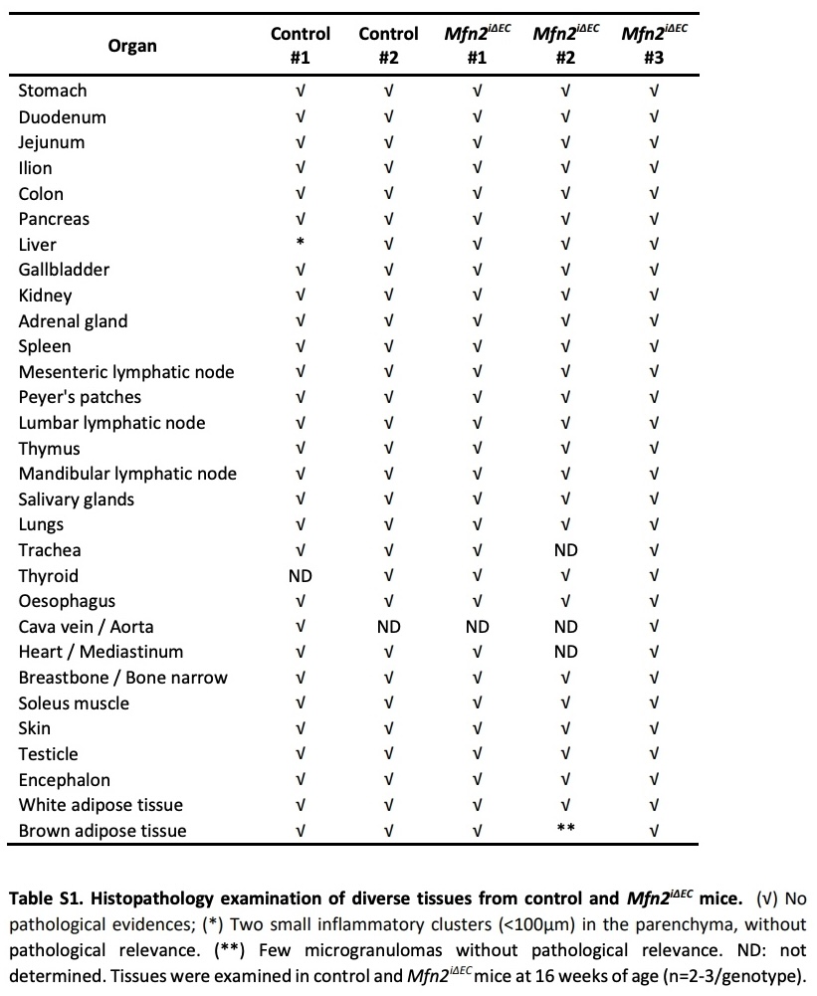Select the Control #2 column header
click(388, 46)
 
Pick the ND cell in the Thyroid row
click(301, 576)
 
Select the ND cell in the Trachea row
click(565, 550)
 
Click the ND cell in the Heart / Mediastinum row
click(565, 652)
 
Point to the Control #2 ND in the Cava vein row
click(388, 627)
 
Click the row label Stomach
click(53, 91)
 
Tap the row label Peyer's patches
click(80, 397)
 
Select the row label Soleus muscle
click(74, 703)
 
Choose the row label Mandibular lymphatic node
click(127, 474)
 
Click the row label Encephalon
click(65, 780)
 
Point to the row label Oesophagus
click(67, 601)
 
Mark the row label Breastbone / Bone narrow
click(122, 678)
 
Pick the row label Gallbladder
click(64, 270)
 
